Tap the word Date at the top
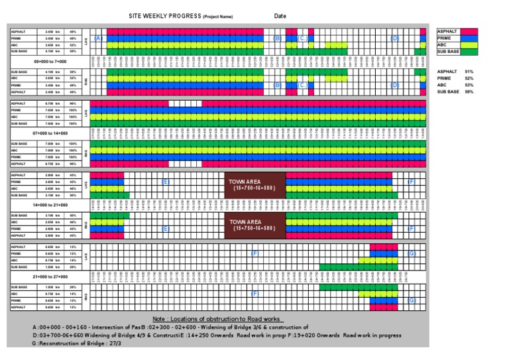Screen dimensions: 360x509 point(280,16)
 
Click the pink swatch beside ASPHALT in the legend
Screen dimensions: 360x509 point(470,31)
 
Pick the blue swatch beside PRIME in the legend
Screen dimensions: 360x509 point(470,38)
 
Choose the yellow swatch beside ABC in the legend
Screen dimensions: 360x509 point(470,44)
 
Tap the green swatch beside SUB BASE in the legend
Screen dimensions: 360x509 point(470,51)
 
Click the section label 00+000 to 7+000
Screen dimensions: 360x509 point(44,60)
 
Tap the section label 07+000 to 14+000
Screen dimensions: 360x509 point(44,133)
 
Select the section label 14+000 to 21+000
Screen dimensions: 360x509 point(44,205)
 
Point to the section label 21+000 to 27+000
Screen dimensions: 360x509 point(44,276)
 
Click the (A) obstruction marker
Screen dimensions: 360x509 point(99,38)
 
